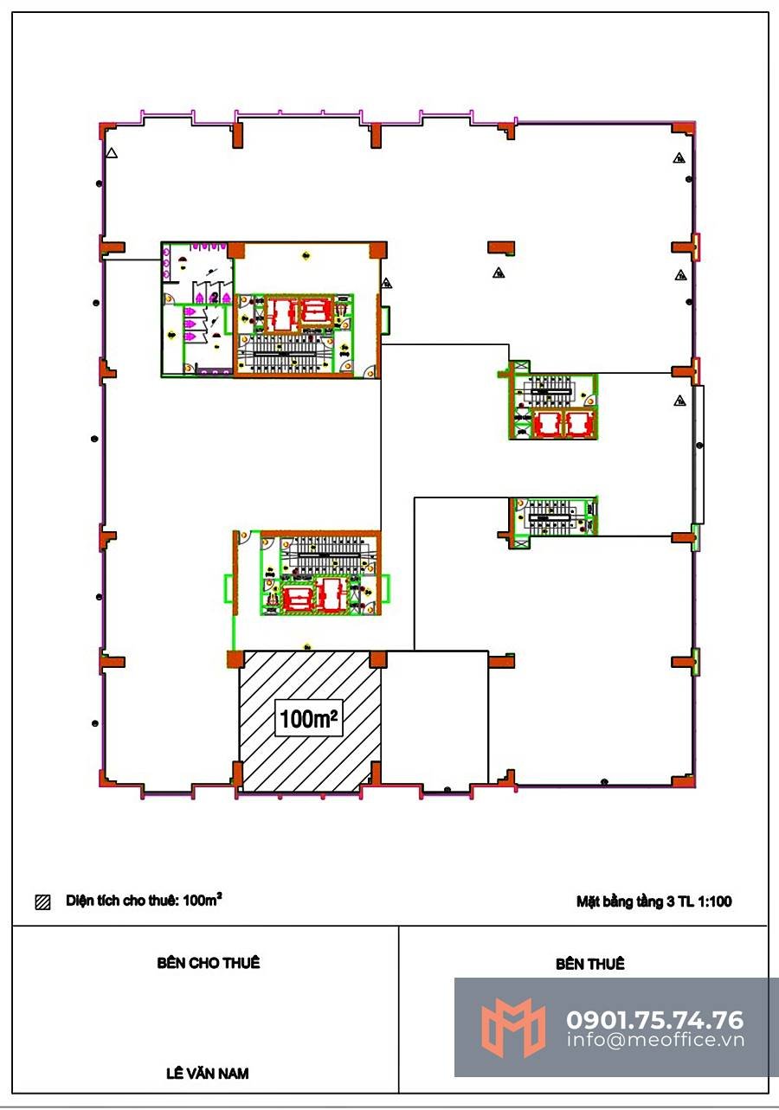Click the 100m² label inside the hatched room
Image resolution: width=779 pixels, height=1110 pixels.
[308, 719]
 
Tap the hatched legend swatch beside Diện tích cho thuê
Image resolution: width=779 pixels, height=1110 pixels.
[43, 901]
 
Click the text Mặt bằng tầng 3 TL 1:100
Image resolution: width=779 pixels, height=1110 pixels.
[653, 901]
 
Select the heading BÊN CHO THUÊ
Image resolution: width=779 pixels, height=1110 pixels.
[209, 962]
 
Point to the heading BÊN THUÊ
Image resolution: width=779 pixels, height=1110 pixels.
[589, 963]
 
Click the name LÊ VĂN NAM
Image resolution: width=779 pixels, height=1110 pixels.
[207, 1073]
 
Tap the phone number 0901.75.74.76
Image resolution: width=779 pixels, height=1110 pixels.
[654, 1020]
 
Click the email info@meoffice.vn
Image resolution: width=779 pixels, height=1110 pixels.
[655, 1039]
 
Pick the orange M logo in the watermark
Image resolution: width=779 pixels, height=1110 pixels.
[513, 1027]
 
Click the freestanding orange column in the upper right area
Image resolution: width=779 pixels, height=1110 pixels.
[501, 247]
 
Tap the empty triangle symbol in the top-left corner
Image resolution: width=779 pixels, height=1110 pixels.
[112, 153]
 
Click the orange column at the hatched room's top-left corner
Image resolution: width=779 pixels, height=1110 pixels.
[235, 659]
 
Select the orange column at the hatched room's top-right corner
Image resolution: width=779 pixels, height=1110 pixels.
[378, 659]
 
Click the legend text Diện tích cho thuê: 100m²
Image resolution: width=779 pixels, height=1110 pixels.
[144, 900]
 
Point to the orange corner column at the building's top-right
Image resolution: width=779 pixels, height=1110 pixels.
[684, 128]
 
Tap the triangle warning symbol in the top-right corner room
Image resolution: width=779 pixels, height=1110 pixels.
[679, 158]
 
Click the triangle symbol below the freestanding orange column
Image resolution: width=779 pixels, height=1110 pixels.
[499, 272]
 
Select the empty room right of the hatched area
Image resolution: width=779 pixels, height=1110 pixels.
[435, 720]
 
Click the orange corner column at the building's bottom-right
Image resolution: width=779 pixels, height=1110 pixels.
[684, 781]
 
